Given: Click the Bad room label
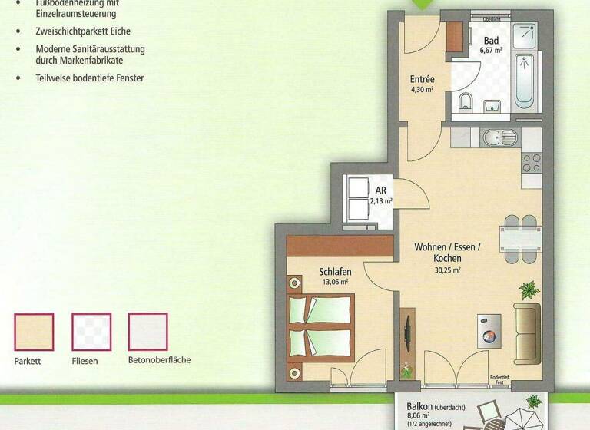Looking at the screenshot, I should click(492, 41).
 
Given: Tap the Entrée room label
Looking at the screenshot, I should click(423, 79).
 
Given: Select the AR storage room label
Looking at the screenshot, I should click(381, 191).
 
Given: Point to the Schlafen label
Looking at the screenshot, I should click(335, 271).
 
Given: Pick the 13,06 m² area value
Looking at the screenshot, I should click(335, 282).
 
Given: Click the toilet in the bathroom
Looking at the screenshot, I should click(465, 103).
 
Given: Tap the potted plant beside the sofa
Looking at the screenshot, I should click(528, 291).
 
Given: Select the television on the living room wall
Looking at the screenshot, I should click(406, 333).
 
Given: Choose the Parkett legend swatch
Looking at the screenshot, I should click(34, 332).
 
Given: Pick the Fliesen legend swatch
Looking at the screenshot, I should click(91, 332).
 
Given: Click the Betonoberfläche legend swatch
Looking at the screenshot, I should click(148, 332).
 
